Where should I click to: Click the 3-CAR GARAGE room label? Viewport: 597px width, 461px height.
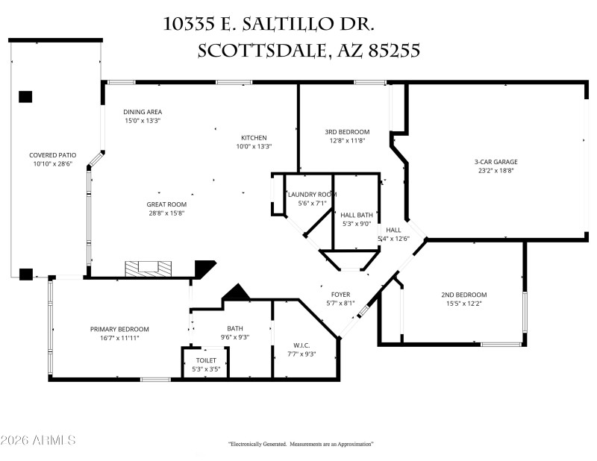pos(496,161)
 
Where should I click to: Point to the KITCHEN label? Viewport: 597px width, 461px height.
pos(254,138)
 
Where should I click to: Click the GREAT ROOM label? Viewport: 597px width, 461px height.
pos(166,204)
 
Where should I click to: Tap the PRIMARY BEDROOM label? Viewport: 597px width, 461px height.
pos(119,329)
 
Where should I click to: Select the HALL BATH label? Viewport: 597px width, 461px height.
pos(356,214)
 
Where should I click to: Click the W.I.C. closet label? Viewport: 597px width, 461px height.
pos(301,345)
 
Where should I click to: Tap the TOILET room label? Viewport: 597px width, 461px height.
pos(206,360)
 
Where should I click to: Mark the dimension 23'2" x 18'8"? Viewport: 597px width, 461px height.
pos(496,170)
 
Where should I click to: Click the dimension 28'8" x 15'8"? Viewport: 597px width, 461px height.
pos(166,213)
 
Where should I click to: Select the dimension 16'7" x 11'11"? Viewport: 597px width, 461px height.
pos(119,338)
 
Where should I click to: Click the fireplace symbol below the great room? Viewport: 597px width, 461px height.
pos(146,267)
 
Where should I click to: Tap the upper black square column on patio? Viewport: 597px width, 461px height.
pos(25,96)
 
